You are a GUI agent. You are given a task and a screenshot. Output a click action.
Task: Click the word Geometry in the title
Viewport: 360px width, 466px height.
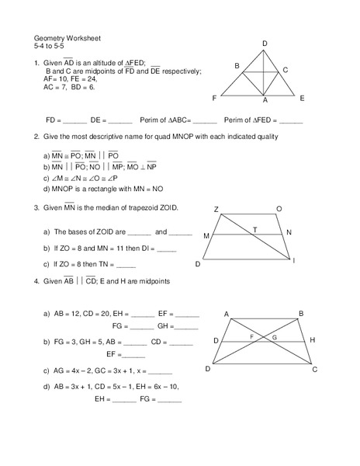[x=52, y=37]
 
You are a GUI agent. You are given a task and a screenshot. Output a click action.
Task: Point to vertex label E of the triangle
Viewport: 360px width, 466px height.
[x=302, y=98]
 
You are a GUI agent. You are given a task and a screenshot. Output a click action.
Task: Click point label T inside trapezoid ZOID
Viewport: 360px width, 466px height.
[x=254, y=230]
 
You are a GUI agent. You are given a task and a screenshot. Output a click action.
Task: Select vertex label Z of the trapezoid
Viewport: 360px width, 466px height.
[x=216, y=209]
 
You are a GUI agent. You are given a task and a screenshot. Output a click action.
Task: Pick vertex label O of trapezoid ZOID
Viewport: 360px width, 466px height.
[x=279, y=209]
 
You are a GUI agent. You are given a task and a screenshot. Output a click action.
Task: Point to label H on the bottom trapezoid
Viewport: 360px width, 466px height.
[x=312, y=340]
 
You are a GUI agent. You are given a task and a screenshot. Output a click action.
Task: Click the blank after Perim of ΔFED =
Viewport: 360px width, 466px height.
[x=291, y=122]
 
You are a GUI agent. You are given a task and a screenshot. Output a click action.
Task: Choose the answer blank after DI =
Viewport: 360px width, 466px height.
[x=166, y=249]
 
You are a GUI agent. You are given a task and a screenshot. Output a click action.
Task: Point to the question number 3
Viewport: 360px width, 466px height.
[x=36, y=208]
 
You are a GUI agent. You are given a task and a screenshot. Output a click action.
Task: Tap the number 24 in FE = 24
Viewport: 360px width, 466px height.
[x=92, y=79]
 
